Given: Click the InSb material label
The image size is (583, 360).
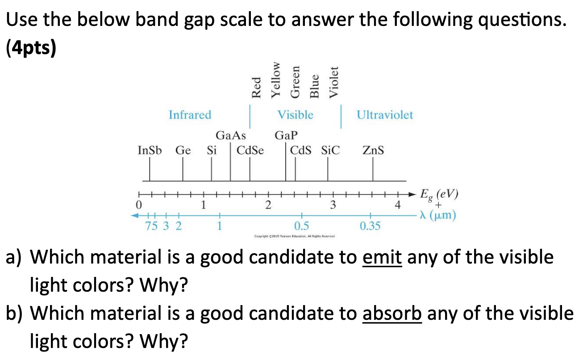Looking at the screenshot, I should (150, 151).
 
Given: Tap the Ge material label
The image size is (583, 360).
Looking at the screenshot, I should (183, 151).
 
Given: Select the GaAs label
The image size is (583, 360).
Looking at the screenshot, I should (231, 135).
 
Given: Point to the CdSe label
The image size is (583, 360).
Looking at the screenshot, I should (250, 151).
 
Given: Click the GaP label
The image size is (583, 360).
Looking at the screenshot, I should (286, 135).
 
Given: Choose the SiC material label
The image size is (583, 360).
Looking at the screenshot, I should (330, 151).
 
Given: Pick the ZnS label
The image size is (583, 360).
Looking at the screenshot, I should (373, 151).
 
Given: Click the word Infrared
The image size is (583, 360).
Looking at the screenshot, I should (190, 115).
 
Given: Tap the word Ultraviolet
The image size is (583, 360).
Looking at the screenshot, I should (385, 115).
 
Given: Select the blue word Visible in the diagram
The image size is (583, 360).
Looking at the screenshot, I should (296, 115).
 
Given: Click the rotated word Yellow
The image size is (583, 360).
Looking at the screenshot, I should (277, 80).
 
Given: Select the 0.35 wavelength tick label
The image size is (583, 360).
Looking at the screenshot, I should (370, 226).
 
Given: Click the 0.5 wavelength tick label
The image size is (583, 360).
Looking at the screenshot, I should (302, 226).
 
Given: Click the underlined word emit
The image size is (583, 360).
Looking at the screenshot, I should (383, 258).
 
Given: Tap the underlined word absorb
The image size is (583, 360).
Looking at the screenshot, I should (391, 314).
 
